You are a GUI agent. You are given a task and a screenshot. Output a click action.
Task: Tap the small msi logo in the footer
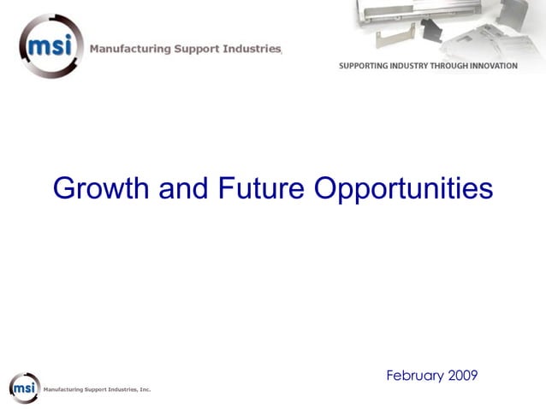(x=25, y=388)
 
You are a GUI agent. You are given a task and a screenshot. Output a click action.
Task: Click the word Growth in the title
(x=100, y=187)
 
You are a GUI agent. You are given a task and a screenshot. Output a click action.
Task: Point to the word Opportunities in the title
(x=403, y=187)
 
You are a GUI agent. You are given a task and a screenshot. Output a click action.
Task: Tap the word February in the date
(x=416, y=376)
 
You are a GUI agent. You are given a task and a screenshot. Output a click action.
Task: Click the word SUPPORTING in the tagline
(x=366, y=66)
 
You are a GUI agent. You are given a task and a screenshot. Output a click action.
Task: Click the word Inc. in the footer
(x=145, y=390)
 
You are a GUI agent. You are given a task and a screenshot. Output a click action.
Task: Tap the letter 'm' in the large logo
(x=38, y=44)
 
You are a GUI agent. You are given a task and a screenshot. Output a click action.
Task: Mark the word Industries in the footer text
(x=122, y=390)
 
